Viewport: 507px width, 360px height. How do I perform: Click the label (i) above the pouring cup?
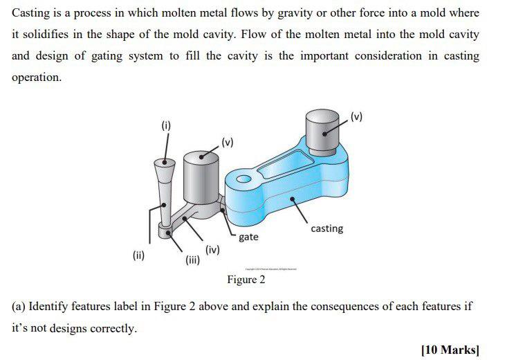coord(165,125)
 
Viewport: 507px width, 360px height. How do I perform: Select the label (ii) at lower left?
coord(138,255)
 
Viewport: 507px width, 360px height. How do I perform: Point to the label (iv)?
coord(212,250)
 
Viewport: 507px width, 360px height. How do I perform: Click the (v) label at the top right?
coord(356,115)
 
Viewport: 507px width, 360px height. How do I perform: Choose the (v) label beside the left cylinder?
coord(229,143)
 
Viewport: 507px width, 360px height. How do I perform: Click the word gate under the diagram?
coord(248,237)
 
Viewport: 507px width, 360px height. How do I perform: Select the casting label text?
coord(326,228)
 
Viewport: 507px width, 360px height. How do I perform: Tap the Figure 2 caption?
coord(246,280)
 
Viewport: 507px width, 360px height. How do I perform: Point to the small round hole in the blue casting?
coord(243,180)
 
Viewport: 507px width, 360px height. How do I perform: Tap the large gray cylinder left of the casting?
coord(202,177)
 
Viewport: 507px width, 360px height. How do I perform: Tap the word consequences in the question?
coord(331,306)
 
